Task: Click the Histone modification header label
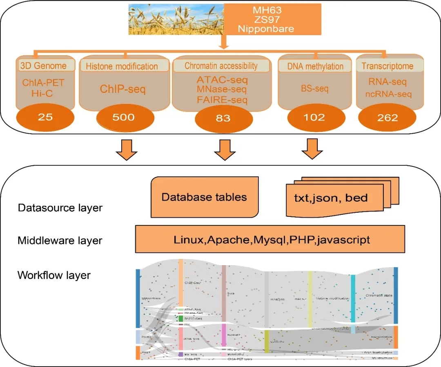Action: click(122, 66)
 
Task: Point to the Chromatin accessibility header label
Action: click(221, 65)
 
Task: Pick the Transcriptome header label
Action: click(387, 66)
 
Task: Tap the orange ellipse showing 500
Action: click(123, 117)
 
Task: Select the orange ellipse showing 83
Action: click(222, 118)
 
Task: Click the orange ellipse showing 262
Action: click(388, 118)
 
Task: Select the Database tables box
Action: click(204, 197)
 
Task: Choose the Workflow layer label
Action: click(54, 275)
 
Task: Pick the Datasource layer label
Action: click(60, 208)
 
